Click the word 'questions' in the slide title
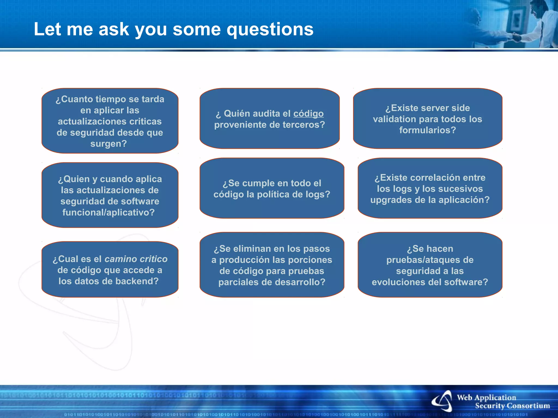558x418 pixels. (270, 29)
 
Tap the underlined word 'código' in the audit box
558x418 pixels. (308, 113)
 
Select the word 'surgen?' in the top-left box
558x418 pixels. (109, 144)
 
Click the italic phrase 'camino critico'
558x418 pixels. (136, 259)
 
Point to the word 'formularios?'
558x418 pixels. (427, 130)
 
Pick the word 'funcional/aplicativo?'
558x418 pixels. (109, 212)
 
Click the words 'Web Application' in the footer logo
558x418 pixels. (486, 398)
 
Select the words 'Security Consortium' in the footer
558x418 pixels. (512, 406)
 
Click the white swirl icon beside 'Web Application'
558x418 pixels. (442, 401)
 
